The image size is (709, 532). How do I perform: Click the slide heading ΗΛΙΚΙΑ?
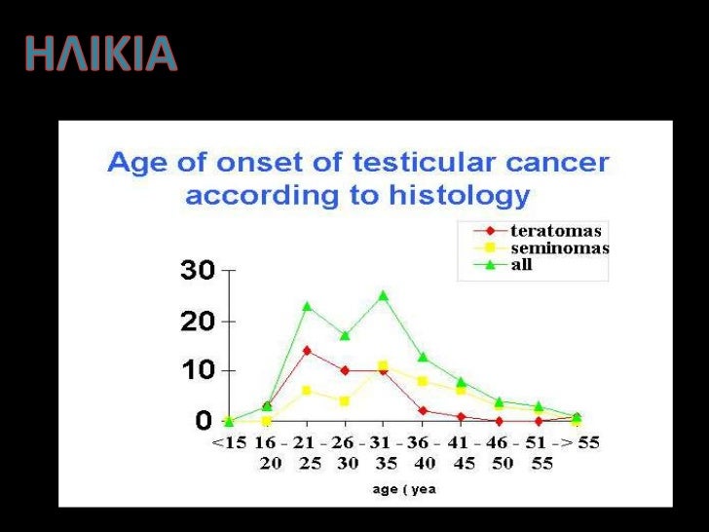101,55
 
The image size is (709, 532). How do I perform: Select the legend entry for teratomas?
556,232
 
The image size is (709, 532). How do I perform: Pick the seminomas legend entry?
559,248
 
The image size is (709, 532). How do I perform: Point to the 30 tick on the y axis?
197,271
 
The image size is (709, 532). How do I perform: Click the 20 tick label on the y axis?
197,322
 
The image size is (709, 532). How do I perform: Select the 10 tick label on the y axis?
197,371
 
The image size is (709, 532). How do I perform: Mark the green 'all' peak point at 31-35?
383,295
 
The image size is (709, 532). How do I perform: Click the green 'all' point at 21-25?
307,306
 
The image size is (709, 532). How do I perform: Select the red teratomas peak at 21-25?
307,351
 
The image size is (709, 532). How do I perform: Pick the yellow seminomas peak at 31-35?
383,365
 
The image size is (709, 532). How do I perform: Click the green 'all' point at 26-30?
345,335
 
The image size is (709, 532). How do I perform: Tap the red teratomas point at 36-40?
422,410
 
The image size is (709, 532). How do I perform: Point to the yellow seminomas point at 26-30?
345,400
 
